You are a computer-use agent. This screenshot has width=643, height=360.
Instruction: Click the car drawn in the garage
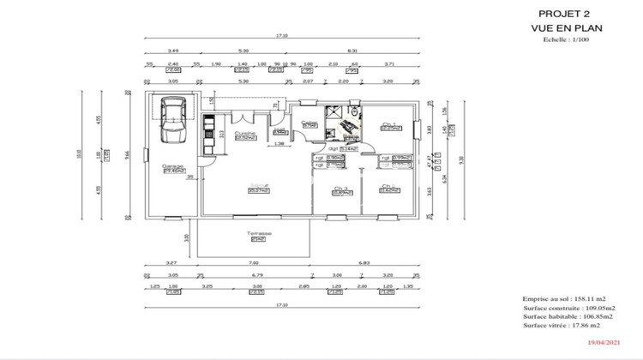174,121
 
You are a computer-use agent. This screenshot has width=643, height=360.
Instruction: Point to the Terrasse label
258,233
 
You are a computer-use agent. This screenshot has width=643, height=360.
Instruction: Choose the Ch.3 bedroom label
341,189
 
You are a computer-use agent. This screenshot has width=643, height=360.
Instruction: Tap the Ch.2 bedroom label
388,188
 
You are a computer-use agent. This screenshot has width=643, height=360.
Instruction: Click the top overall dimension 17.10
281,36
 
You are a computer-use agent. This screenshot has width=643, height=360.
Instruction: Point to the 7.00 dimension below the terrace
254,262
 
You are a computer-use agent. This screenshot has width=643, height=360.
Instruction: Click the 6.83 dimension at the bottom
364,262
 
